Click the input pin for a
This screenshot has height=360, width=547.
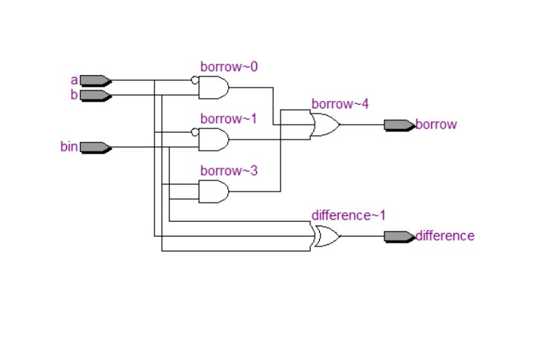tap(95, 80)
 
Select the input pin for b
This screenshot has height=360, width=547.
tap(95, 96)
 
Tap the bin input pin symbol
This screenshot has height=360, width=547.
tap(95, 147)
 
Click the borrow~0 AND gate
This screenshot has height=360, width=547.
tap(214, 88)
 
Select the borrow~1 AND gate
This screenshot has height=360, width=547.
tap(214, 140)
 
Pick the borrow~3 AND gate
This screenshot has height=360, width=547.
tap(214, 192)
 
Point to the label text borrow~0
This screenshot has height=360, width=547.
tap(229, 67)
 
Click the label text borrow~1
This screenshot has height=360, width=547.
tap(229, 119)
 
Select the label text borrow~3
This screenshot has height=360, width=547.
tap(229, 171)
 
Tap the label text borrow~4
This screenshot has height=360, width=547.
tap(340, 104)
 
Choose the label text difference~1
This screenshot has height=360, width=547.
tap(348, 215)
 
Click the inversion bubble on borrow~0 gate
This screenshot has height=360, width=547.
tap(194, 80)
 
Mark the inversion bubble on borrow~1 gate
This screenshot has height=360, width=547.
tap(194, 132)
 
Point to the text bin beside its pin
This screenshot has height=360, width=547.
tap(68, 147)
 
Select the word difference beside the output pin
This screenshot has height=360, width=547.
tap(445, 236)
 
